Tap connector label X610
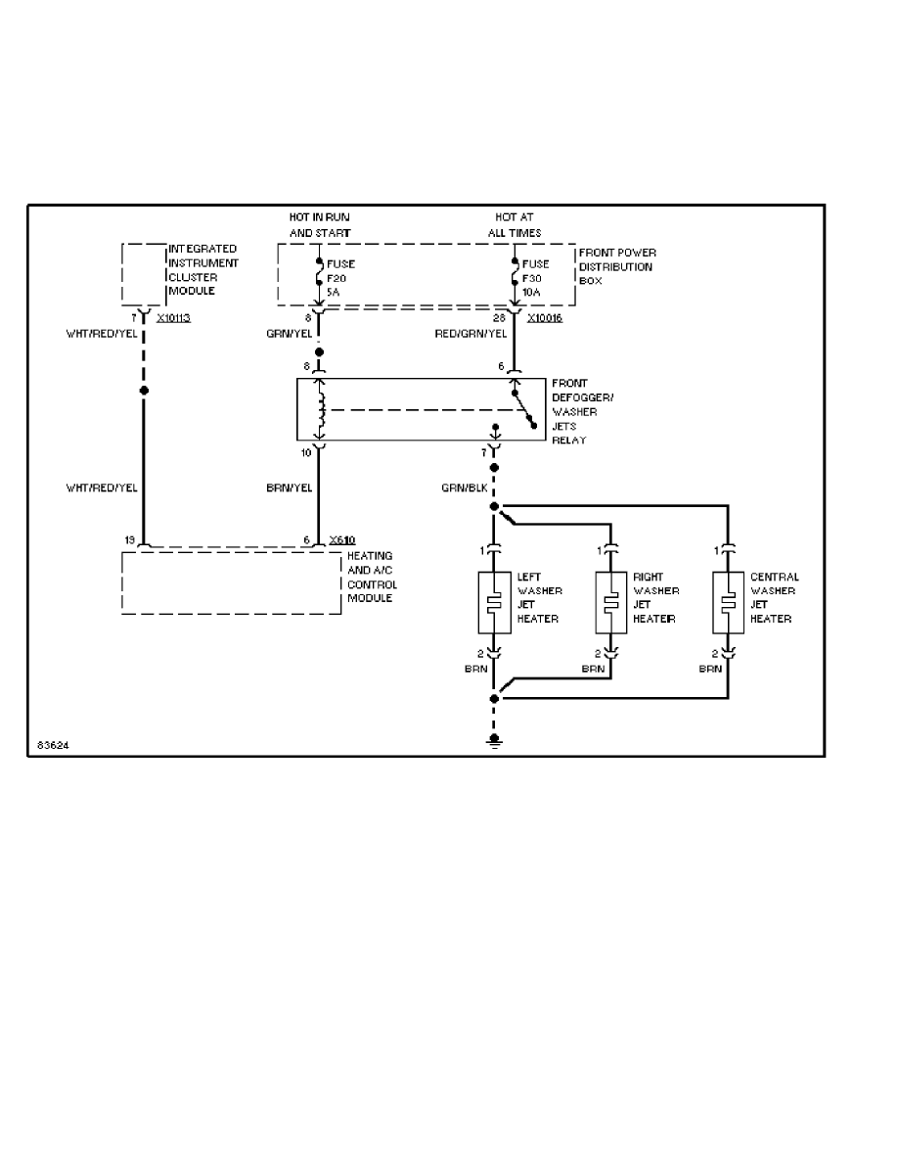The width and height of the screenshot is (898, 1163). coord(342,540)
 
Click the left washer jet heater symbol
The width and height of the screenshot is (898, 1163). coord(495,601)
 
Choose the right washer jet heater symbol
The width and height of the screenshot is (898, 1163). coord(611,601)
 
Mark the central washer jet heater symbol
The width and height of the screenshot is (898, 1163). coord(729,601)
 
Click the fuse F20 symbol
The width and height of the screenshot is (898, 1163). coord(318,271)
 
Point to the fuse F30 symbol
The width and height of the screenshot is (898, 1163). coord(514,271)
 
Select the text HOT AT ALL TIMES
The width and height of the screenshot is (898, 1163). coord(514,225)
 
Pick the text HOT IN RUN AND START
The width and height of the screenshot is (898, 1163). coord(320,225)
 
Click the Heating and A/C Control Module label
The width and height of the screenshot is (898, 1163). coord(372,577)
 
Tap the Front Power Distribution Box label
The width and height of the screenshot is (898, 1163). coord(615,266)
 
